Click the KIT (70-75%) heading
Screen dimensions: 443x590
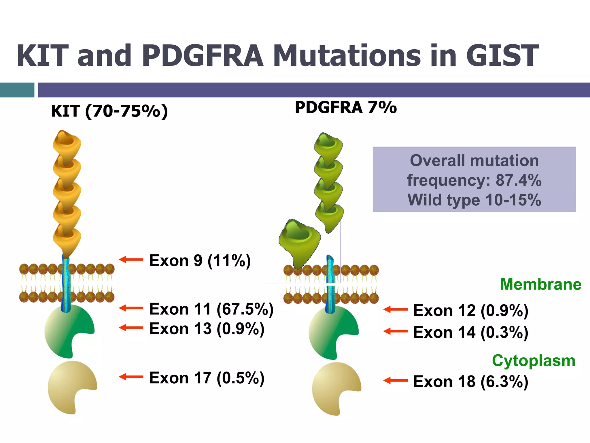pos(109,111)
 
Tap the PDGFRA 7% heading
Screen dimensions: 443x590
pos(346,107)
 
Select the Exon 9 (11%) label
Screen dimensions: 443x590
pos(200,260)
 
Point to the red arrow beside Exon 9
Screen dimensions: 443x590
pos(131,260)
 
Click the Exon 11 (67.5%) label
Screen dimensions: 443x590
pos(211,309)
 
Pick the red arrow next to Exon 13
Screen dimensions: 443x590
pos(131,328)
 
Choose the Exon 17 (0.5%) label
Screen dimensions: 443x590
pos(207,378)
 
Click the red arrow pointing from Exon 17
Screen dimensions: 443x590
pos(131,377)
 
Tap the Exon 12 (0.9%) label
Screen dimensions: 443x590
pos(470,311)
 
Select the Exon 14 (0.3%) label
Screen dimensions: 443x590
pos(470,332)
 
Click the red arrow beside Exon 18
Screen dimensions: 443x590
pos(395,380)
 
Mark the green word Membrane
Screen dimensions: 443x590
pos(540,284)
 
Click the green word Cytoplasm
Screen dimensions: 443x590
pos(534,361)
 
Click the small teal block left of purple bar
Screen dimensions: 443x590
pos(17,90)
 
